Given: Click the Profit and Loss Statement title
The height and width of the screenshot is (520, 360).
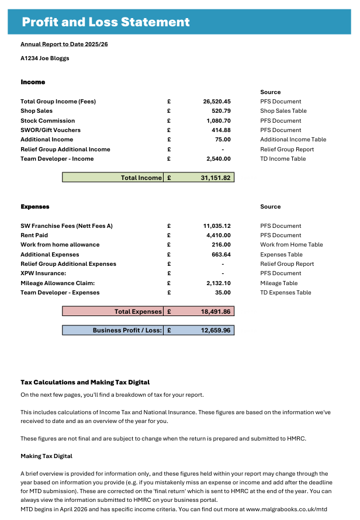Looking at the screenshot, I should tap(106, 22).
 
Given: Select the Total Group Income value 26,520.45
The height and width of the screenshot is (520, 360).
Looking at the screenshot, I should tap(217, 102).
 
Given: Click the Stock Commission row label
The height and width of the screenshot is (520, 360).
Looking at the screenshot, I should tap(47, 121).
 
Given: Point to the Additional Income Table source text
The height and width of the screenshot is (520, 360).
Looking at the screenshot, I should tap(293, 140).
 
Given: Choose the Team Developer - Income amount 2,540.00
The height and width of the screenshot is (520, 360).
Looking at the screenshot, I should tap(219, 159).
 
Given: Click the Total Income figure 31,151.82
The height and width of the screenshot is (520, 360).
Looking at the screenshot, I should tap(216, 178).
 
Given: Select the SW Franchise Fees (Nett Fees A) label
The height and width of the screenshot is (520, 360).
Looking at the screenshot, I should tap(67, 226).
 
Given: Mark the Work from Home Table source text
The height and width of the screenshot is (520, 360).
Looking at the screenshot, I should tap(291, 245).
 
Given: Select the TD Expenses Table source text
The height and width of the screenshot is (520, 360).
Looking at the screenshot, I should tap(286, 293).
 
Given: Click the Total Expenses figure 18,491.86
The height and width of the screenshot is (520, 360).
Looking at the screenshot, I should tap(216, 312).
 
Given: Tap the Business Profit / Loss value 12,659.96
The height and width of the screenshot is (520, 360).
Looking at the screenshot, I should tap(216, 331).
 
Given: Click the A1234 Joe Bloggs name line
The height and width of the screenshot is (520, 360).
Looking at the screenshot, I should tap(44, 58).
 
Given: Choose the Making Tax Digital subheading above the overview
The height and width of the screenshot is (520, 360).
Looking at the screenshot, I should tap(46, 456).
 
